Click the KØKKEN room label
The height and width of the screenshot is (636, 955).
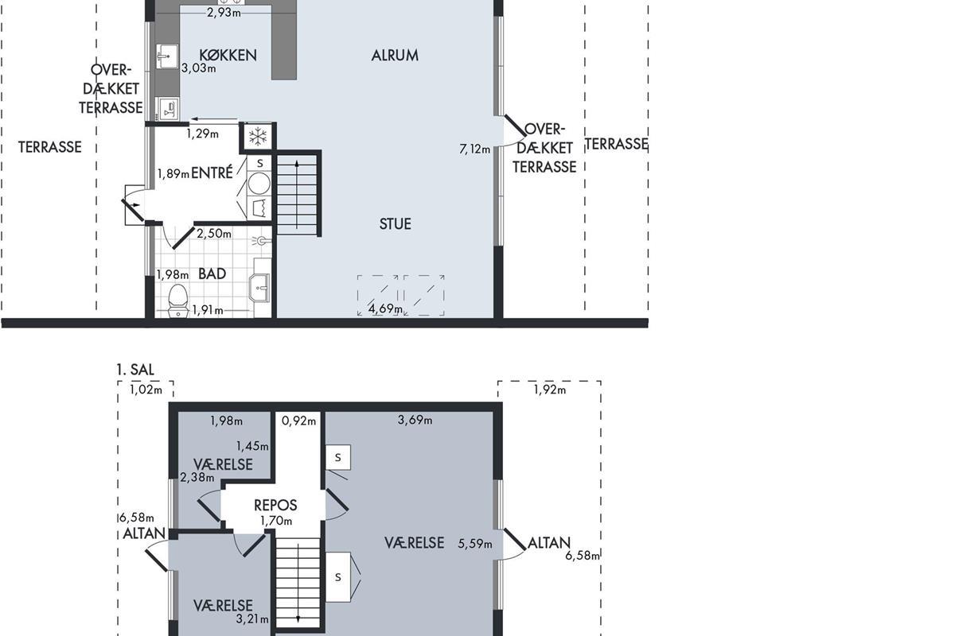coord(228,56)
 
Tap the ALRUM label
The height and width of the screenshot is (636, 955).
coord(395,56)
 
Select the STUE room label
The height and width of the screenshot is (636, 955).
coord(396,224)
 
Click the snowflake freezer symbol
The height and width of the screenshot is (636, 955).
coord(258,137)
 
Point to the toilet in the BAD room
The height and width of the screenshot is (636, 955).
coord(178,301)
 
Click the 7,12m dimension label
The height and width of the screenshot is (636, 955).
coord(474,149)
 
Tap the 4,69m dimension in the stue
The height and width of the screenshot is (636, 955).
coord(385,308)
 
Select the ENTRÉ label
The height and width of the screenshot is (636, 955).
coord(212,173)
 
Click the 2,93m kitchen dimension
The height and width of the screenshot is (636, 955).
coord(224,13)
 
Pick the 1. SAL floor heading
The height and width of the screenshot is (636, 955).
coord(135,370)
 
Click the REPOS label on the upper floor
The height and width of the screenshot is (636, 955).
coord(275,505)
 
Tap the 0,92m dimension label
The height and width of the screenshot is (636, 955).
coord(299,421)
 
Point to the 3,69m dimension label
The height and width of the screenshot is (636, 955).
coord(415,420)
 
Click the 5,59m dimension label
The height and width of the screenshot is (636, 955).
coord(475,544)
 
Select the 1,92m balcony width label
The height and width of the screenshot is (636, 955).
coord(550,390)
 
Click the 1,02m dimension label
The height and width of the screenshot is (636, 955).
coord(146,390)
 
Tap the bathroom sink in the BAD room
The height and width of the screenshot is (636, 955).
coord(259,288)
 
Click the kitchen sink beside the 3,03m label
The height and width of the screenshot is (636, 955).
coord(166,56)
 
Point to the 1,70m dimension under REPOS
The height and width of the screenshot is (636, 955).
coord(276,521)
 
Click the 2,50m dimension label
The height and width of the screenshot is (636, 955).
coord(214,234)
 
